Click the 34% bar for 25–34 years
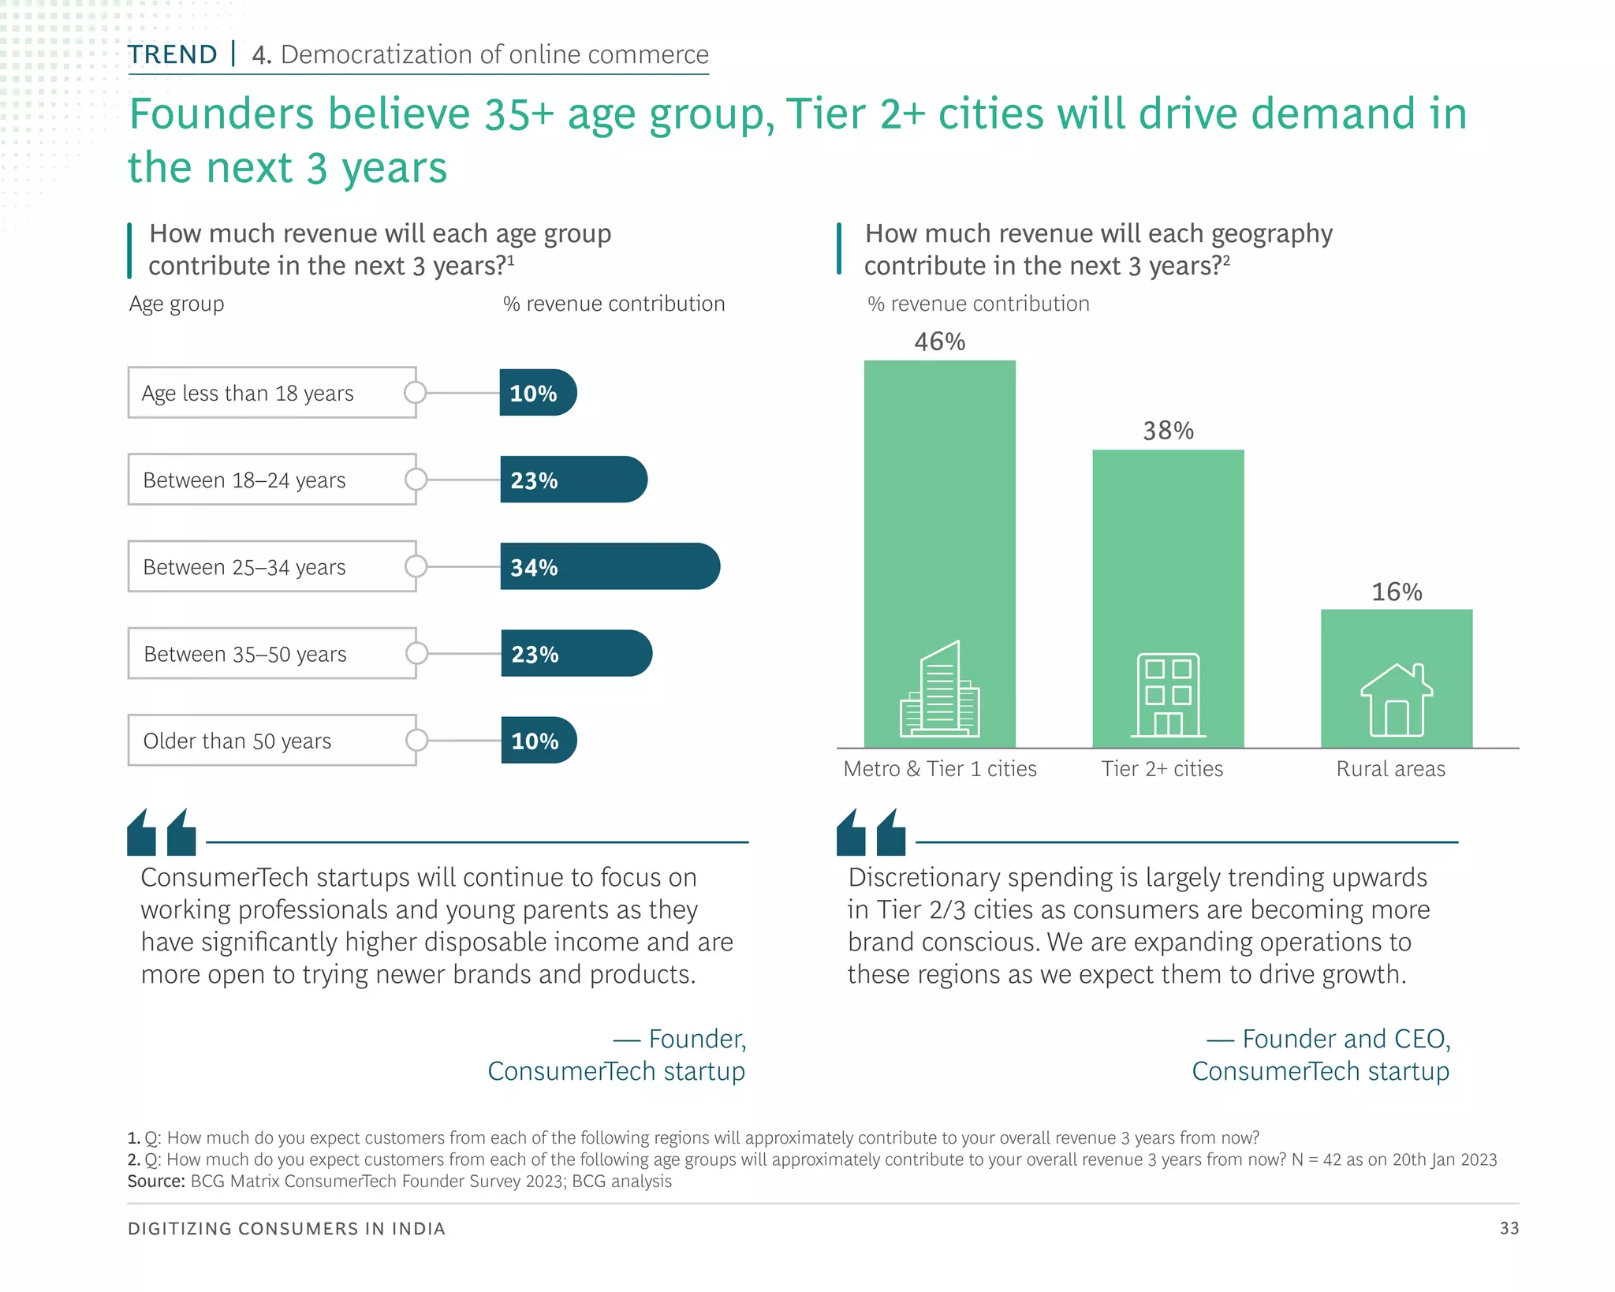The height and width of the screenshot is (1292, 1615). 610,566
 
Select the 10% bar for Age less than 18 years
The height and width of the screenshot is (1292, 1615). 538,393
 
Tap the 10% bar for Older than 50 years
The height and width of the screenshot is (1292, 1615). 539,741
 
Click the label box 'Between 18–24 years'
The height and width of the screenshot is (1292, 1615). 272,480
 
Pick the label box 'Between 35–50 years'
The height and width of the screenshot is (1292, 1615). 272,654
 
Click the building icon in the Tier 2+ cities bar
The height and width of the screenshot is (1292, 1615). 1168,695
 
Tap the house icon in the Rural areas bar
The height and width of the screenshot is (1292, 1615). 1397,700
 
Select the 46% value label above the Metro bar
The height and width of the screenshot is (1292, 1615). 939,342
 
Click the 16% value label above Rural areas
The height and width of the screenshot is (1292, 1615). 1397,592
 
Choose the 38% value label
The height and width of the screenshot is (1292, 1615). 1168,431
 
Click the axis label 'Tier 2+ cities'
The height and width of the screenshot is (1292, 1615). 1162,769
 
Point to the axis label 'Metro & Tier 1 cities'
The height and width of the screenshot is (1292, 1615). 939,769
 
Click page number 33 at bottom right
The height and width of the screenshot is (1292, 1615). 1509,1228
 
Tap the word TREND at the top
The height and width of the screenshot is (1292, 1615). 173,54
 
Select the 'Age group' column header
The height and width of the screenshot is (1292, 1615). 177,304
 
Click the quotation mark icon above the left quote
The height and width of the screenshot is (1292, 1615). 162,832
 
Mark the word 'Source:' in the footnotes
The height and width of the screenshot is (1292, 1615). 156,1182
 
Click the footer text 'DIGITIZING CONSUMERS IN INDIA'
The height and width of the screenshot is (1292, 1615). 286,1229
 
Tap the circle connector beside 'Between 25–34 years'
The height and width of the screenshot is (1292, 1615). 416,566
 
